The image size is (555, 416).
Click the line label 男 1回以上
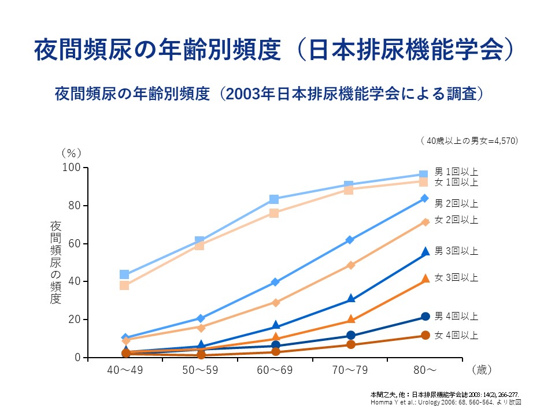tap(456, 172)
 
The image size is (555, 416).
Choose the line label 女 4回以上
tap(456, 335)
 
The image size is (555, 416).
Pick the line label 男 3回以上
tap(456, 251)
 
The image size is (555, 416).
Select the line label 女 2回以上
tap(456, 220)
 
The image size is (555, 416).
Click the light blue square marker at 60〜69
tap(274, 199)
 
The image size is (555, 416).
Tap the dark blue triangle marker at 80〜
tap(425, 251)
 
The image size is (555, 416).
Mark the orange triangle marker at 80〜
tap(425, 278)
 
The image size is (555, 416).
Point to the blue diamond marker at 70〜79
tap(350, 240)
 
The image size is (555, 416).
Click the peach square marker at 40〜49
tap(124, 285)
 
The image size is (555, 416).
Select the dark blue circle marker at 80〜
tap(425, 317)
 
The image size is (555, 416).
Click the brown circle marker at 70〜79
tap(350, 345)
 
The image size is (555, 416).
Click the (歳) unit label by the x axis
tap(482, 369)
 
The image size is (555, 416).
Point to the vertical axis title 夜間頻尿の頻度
tap(55, 262)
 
